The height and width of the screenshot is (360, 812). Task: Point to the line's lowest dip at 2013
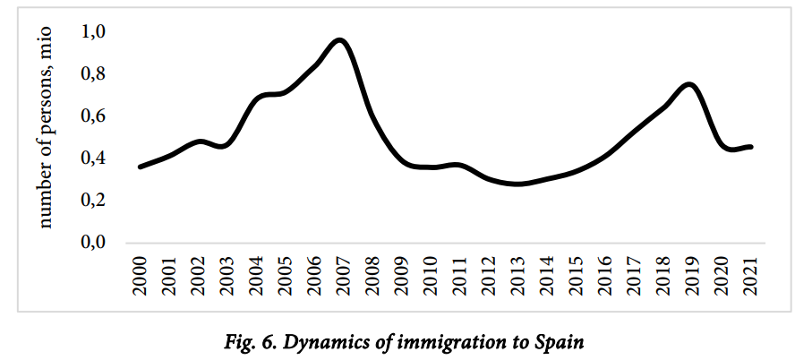(517, 184)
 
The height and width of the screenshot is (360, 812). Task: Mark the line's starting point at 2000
(140, 167)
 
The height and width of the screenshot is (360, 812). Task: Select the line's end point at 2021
(750, 146)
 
